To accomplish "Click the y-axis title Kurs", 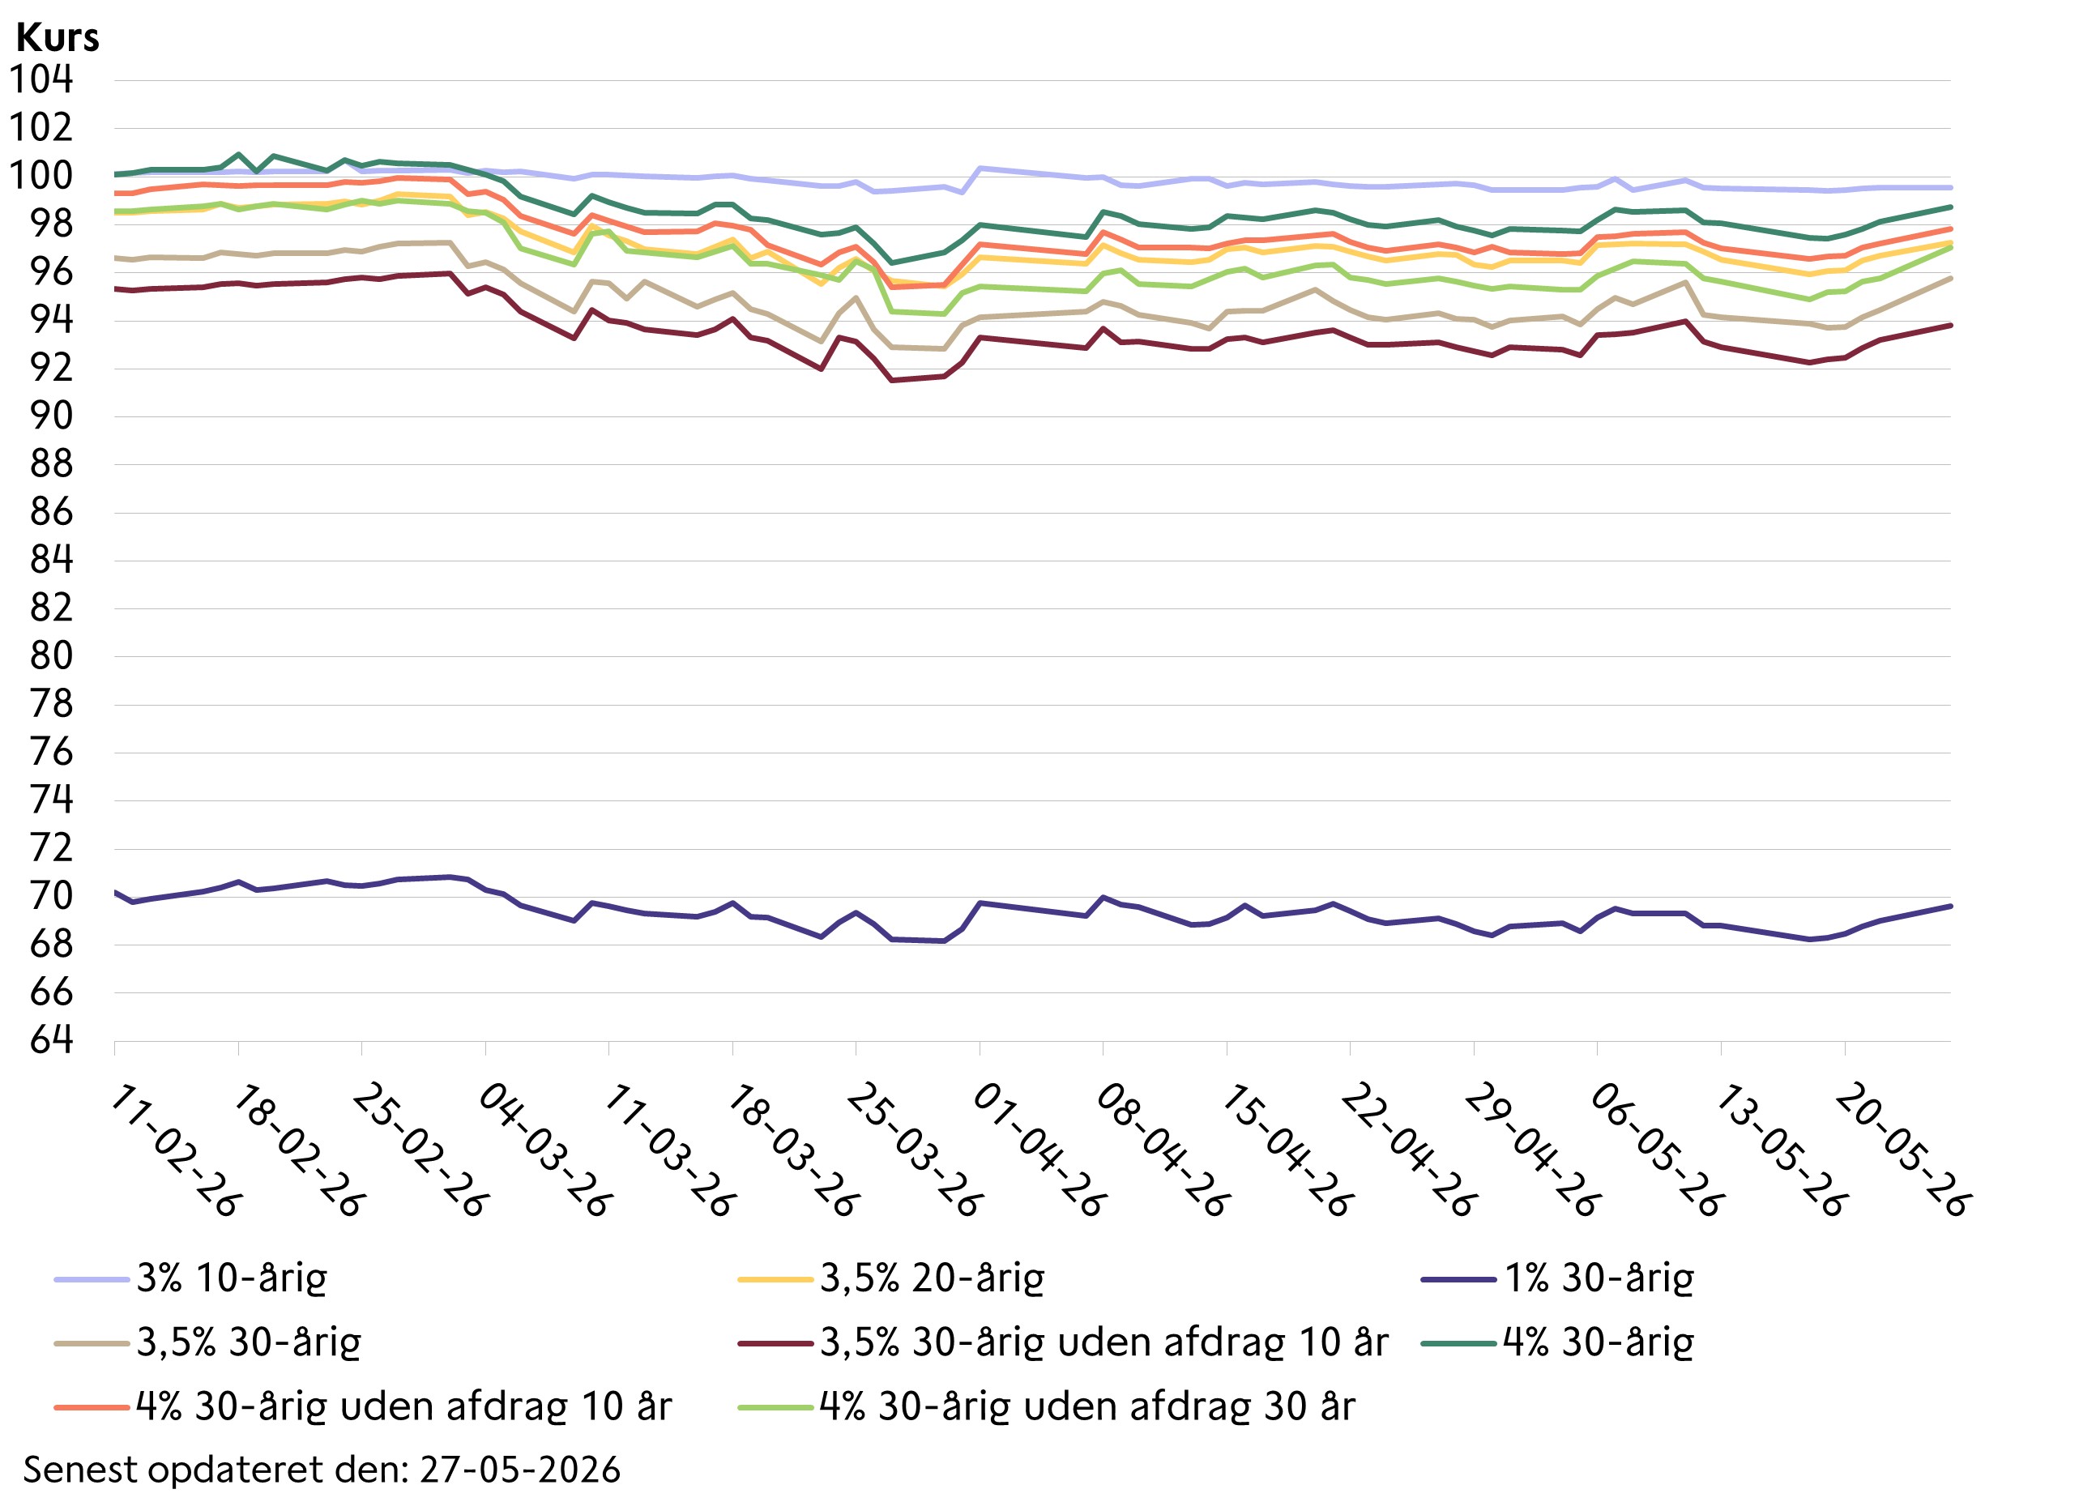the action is [x=58, y=38].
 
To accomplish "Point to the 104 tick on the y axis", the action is [x=41, y=79].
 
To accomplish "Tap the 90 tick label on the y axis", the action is [x=52, y=416].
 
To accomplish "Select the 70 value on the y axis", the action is [x=52, y=896].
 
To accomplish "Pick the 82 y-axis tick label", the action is [x=52, y=608].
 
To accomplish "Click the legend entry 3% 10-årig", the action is [x=232, y=1279].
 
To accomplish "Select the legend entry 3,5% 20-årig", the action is [x=933, y=1279].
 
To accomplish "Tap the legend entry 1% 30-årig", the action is [x=1599, y=1279].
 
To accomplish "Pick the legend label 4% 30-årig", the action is [x=1599, y=1343].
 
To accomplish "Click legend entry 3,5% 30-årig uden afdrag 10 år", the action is [x=1104, y=1343].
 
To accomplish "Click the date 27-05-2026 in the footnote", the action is [x=520, y=1470].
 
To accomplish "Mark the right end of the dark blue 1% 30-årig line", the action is [x=1950, y=906].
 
